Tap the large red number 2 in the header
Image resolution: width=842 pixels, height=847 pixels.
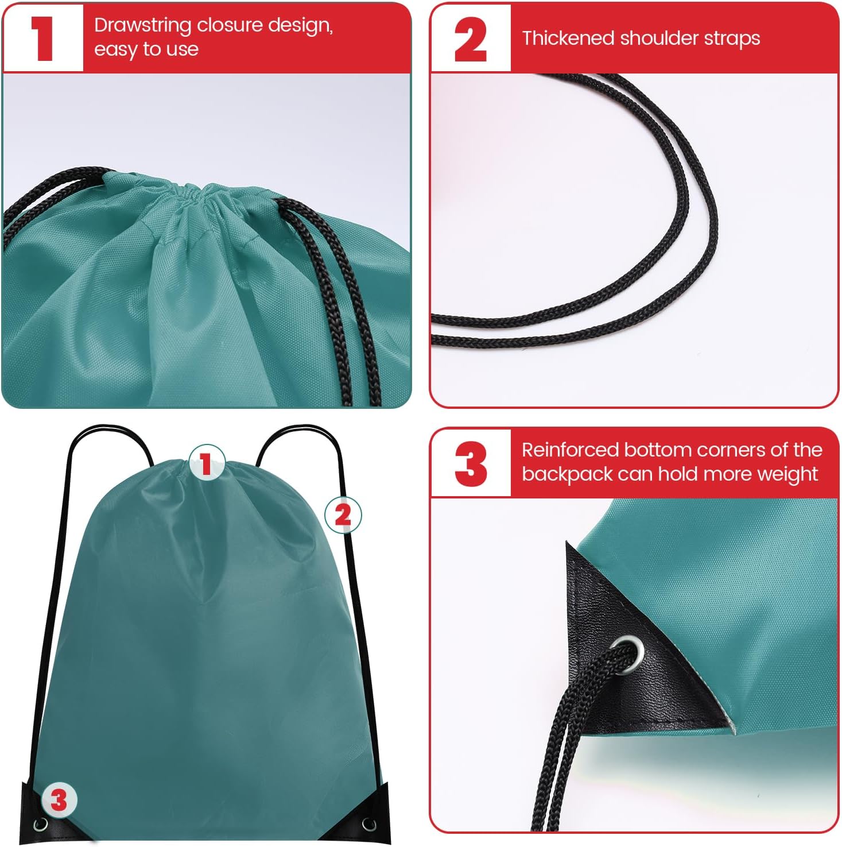(470, 39)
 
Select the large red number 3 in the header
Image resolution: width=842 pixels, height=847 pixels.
(470, 463)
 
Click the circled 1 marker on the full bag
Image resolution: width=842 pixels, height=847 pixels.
(206, 463)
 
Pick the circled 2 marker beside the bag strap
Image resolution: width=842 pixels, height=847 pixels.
(343, 515)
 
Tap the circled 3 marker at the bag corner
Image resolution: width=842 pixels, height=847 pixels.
(59, 800)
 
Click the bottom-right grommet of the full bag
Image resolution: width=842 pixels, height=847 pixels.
(368, 825)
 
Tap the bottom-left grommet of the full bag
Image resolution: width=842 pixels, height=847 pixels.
(41, 825)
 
